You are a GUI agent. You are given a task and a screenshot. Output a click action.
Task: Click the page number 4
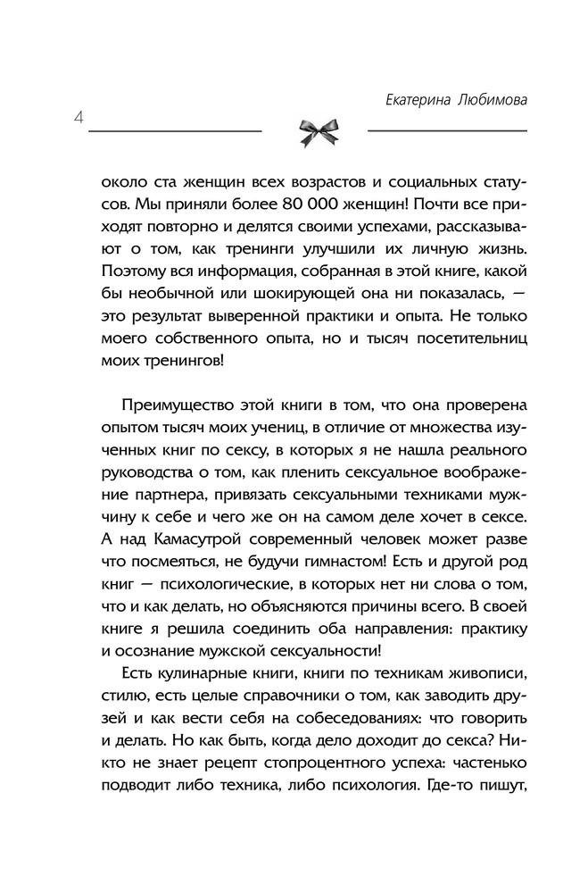(x=80, y=118)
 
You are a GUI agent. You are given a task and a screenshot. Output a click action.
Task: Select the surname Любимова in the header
(x=490, y=100)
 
